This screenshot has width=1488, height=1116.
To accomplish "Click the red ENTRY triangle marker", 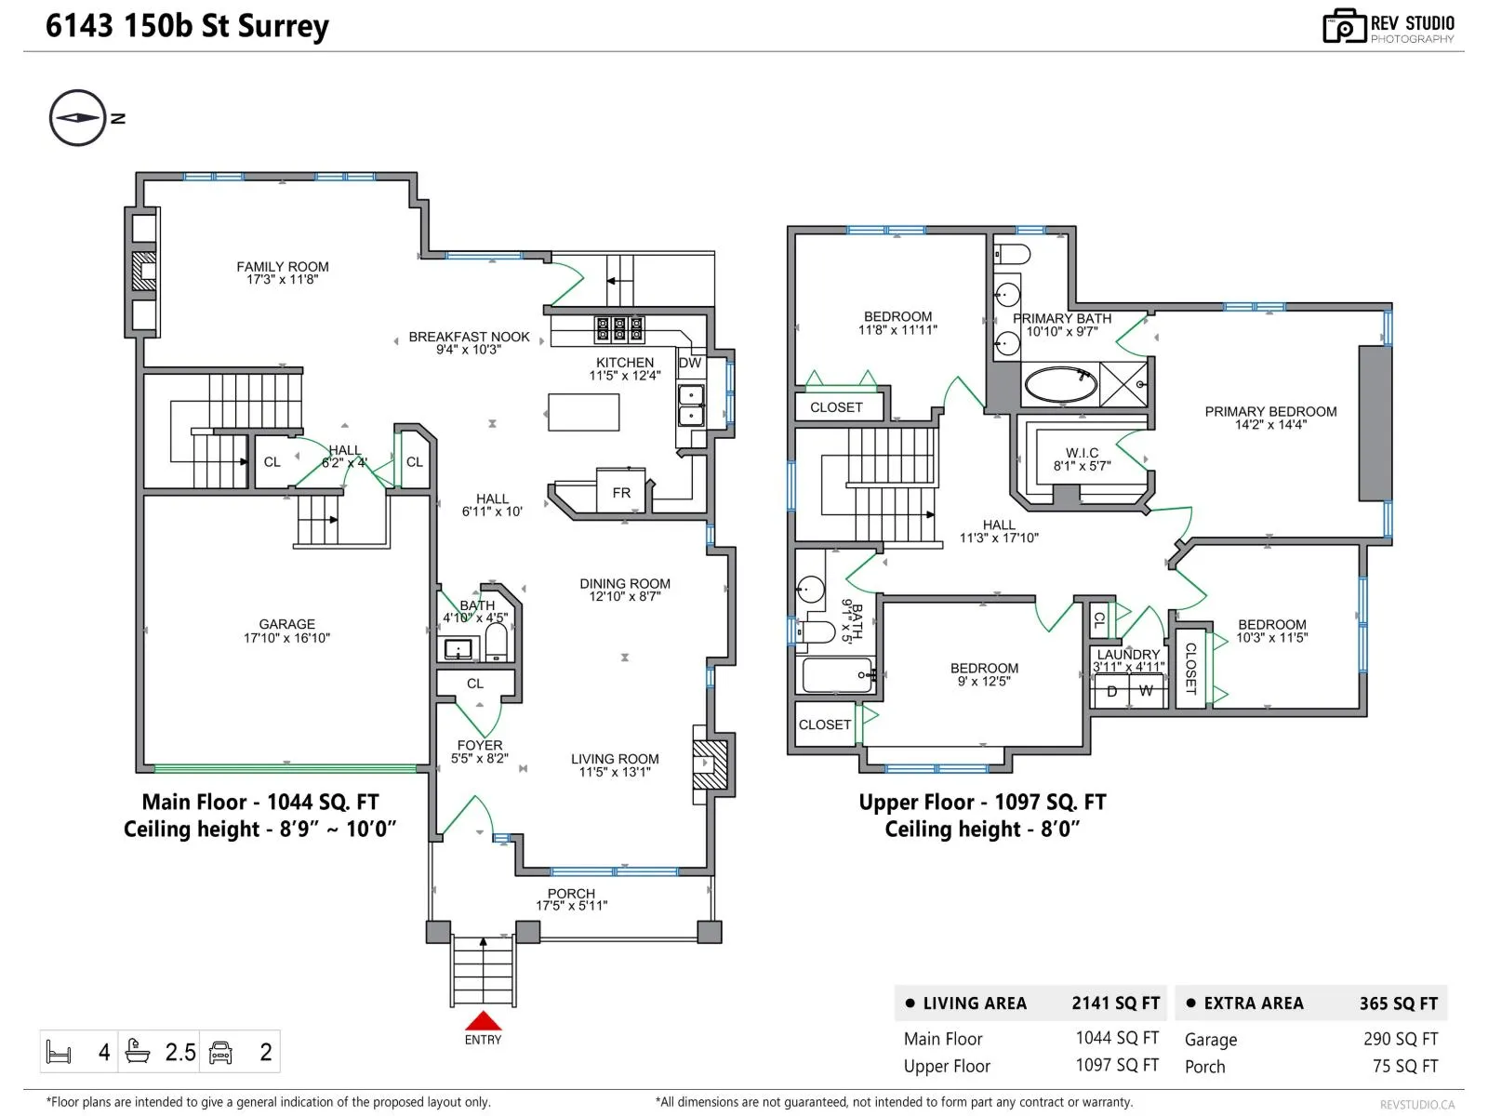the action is tap(482, 1020).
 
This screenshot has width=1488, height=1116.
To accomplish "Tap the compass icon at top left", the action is tap(78, 118).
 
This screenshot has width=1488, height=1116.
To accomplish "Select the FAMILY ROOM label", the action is tap(282, 267).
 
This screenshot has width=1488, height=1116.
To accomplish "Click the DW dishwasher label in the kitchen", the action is tap(689, 363).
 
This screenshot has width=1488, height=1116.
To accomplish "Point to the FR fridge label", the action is tap(621, 493).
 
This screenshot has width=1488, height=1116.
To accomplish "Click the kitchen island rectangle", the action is tap(583, 412).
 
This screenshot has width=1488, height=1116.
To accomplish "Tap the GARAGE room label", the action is tap(286, 624).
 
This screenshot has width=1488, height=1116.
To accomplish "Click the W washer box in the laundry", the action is tap(1147, 690).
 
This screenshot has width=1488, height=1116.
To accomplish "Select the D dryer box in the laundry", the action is tap(1111, 690).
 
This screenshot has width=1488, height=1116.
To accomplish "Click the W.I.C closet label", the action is tap(1082, 453).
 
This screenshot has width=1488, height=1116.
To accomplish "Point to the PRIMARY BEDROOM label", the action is tap(1270, 411).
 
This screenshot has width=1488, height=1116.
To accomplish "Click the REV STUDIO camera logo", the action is tap(1344, 26).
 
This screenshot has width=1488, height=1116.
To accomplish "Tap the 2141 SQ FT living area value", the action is tap(1115, 1003).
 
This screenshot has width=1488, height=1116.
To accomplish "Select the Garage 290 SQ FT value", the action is tap(1400, 1039).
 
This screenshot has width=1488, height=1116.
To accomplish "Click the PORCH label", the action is tap(571, 894).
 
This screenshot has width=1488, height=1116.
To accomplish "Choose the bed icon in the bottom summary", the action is tap(59, 1052).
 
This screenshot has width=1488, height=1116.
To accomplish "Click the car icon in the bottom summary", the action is tap(221, 1053).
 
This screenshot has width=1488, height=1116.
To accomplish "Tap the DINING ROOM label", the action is tap(624, 583).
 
